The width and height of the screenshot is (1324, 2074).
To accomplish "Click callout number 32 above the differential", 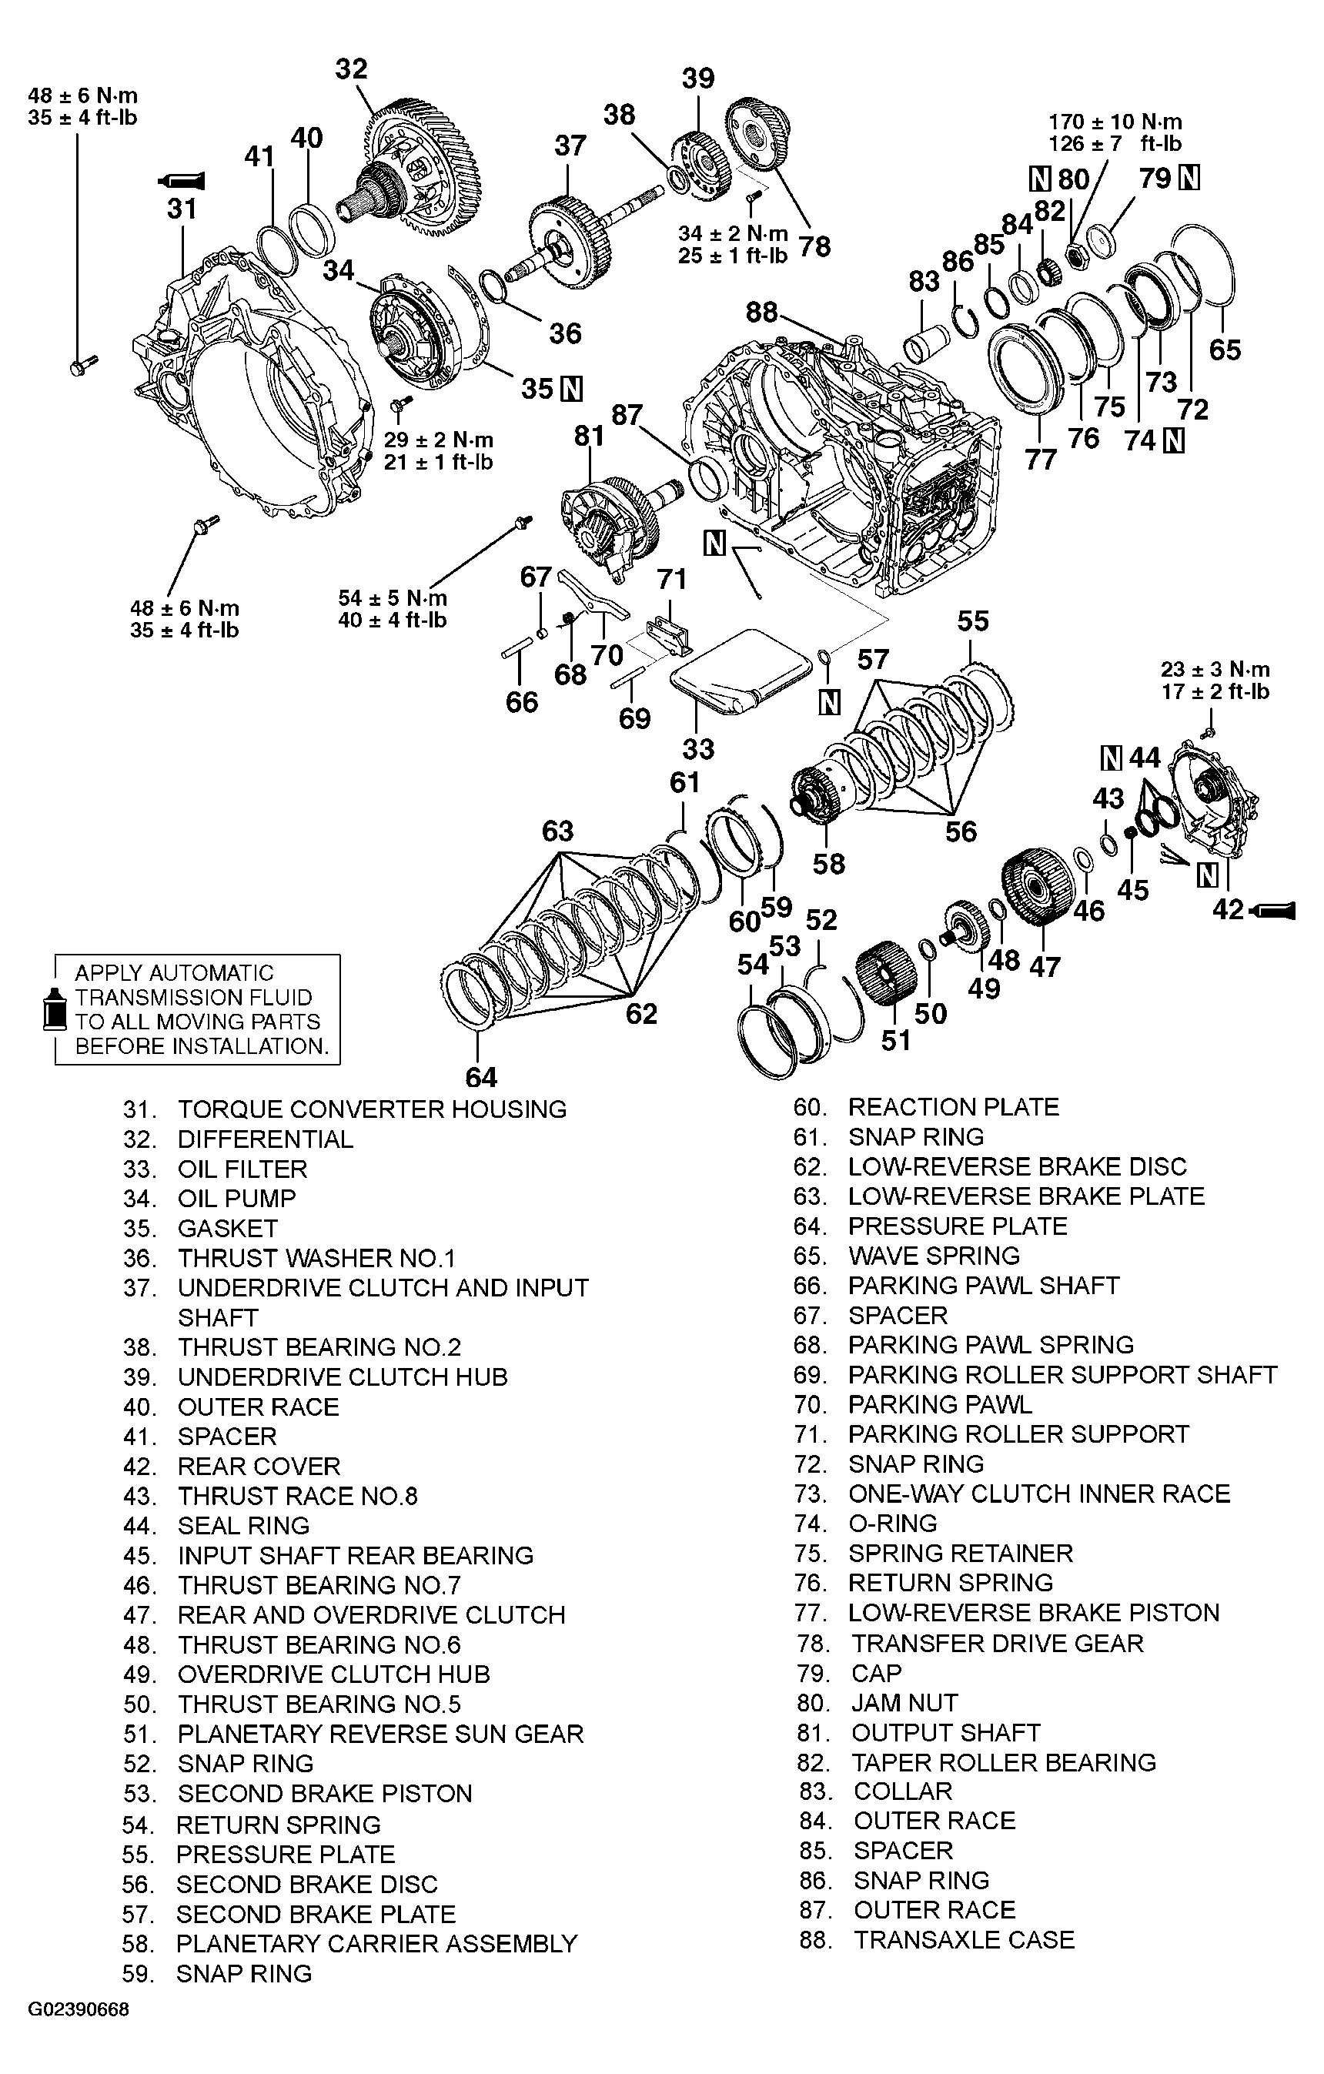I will pyautogui.click(x=352, y=69).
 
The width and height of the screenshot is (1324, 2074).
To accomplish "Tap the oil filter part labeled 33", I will pyautogui.click(x=741, y=670).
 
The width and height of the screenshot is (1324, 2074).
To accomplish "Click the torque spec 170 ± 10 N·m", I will pyautogui.click(x=1115, y=122).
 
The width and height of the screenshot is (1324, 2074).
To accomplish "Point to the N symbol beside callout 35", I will pyautogui.click(x=571, y=390).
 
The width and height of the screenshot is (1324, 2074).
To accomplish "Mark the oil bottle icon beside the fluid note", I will pyautogui.click(x=55, y=1009).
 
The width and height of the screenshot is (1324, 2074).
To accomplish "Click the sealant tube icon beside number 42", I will pyautogui.click(x=1274, y=908).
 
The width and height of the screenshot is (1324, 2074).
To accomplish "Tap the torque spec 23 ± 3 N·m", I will pyautogui.click(x=1215, y=669).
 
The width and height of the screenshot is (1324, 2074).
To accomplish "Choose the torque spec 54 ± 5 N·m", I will pyautogui.click(x=393, y=597).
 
